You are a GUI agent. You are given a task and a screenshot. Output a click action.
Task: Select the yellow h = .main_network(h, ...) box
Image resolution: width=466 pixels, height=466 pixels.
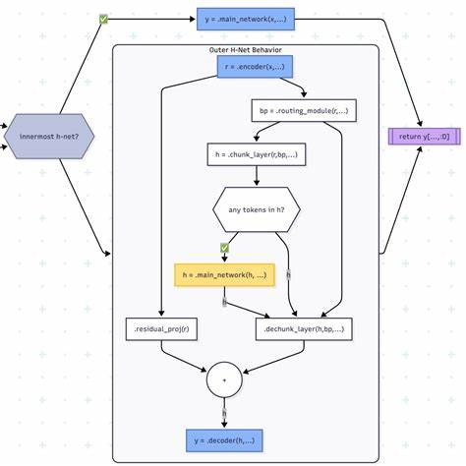224,274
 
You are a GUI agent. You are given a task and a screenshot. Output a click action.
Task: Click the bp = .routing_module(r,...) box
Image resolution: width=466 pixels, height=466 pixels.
304,111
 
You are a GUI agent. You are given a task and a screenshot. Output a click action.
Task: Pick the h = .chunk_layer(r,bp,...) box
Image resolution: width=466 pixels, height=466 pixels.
256,153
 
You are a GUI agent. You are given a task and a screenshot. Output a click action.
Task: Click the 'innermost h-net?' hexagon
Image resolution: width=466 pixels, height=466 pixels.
49,136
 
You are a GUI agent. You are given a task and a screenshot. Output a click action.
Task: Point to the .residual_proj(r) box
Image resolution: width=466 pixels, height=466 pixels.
162,327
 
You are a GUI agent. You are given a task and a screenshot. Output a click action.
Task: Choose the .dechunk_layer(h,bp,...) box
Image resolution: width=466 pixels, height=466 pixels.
305,327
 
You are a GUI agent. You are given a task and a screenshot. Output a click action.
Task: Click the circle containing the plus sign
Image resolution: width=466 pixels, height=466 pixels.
224,378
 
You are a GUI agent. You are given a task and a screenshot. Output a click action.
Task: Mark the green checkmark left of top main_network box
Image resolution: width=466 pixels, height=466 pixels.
104,18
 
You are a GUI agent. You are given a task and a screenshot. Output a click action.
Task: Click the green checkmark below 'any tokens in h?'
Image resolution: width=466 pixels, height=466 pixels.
224,248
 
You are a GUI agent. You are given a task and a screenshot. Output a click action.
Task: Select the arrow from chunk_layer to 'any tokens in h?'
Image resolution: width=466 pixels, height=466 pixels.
256,174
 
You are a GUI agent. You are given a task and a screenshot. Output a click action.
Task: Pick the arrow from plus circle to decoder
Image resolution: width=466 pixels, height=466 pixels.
224,413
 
